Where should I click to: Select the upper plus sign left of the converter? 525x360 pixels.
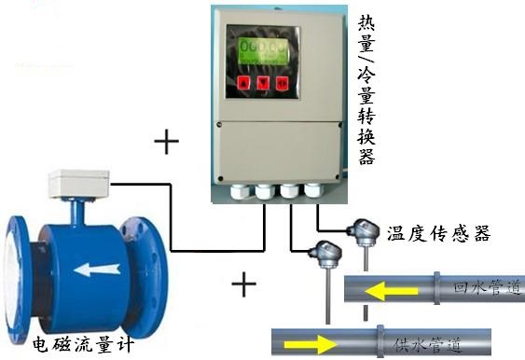167,142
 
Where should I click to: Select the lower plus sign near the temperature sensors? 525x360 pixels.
242,284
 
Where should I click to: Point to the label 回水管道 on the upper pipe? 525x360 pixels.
486,288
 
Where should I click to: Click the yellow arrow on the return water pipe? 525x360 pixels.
384,292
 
